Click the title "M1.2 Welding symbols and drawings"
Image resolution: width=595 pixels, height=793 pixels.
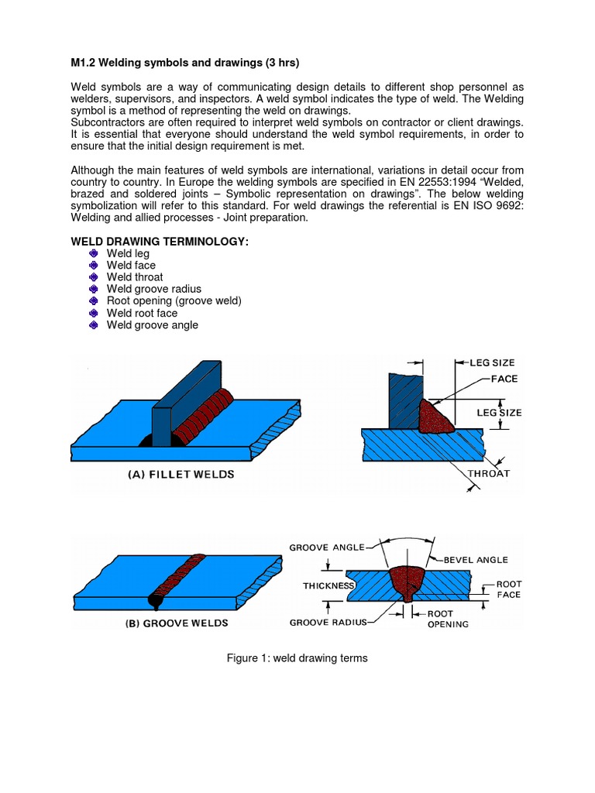(184, 62)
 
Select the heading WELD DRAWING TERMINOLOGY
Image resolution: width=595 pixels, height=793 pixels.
(160, 242)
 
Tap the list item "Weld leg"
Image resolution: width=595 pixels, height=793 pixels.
(128, 253)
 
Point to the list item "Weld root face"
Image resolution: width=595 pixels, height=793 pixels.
(142, 313)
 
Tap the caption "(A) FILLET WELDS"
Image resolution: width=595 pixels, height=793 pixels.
(181, 475)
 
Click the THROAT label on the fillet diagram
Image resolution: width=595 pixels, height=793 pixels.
(488, 473)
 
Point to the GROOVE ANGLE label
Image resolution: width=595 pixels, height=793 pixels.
(326, 548)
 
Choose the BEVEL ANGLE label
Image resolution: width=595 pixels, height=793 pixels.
(476, 559)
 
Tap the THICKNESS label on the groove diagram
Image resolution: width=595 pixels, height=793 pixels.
(328, 586)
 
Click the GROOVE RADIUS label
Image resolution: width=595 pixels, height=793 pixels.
(328, 622)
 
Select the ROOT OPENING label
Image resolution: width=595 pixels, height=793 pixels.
(448, 618)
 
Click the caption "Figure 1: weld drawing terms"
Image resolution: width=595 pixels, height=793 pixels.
(297, 658)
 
